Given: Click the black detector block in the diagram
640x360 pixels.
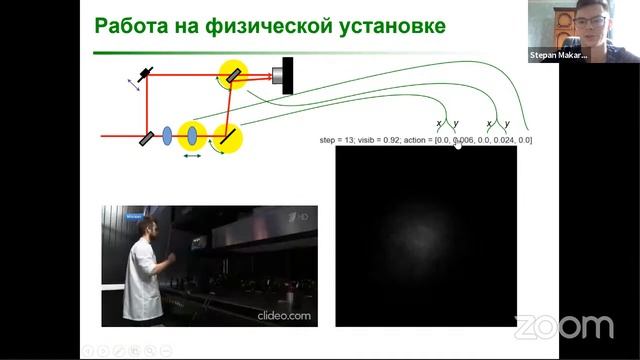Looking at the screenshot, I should [289, 72].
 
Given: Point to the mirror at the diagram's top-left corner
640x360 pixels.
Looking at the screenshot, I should [147, 75].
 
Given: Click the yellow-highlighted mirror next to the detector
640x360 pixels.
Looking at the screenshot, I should [233, 73].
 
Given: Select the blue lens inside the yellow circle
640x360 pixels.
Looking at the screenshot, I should [190, 135].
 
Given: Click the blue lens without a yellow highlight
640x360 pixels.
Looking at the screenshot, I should [166, 135].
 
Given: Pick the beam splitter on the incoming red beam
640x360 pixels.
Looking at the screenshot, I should [146, 135].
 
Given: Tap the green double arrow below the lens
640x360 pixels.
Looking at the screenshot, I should [190, 155].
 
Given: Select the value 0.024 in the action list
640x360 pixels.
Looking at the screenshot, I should [503, 140].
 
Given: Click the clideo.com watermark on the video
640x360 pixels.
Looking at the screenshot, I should [288, 316].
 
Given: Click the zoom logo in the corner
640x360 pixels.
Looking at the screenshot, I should [564, 327].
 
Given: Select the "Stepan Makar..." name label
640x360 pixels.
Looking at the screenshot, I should [557, 56].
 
